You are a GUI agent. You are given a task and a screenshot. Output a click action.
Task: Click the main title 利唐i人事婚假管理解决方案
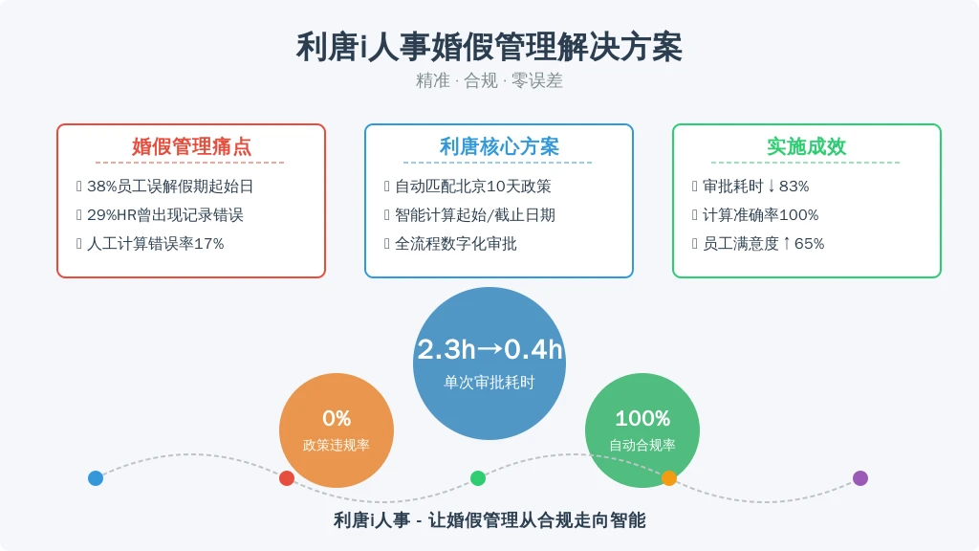(489, 47)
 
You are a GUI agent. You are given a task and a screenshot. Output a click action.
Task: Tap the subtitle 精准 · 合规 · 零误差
(489, 80)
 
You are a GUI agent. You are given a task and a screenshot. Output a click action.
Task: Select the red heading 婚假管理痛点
(191, 146)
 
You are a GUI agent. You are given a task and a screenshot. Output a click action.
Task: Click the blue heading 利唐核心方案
(499, 146)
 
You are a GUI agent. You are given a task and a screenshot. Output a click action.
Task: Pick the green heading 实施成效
(806, 146)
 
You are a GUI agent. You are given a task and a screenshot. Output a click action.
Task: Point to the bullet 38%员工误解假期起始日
(170, 187)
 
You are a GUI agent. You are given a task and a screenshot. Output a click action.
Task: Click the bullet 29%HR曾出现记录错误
(164, 215)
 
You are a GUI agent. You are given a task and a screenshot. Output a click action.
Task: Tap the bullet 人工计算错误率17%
(156, 244)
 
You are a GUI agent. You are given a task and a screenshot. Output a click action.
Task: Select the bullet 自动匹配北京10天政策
(472, 187)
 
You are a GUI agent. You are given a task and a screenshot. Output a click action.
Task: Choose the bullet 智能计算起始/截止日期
(474, 215)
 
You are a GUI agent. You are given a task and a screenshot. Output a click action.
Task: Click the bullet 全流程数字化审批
(456, 244)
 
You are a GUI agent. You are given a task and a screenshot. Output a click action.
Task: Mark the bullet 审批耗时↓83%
(755, 187)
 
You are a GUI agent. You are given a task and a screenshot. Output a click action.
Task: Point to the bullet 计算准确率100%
(760, 215)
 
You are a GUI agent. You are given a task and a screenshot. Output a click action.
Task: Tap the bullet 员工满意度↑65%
(763, 244)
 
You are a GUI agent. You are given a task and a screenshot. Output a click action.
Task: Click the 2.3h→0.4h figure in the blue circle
(489, 349)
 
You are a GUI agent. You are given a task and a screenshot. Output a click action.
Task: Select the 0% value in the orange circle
(337, 418)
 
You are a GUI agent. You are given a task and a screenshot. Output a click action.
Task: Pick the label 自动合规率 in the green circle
(642, 445)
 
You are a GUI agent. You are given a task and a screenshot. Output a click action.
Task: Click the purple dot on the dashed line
(860, 478)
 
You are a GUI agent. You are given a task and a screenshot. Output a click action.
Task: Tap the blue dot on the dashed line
(96, 478)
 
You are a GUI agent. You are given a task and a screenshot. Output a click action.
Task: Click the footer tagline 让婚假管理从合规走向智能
(537, 519)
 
